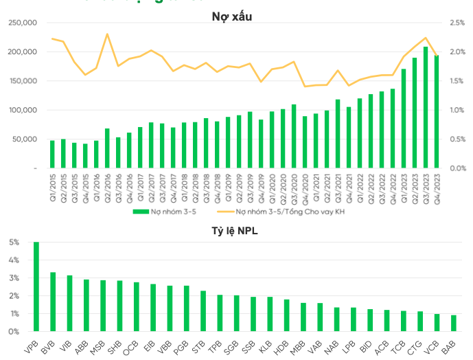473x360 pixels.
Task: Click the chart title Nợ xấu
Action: tap(231, 16)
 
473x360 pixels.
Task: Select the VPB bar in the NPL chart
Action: tap(36, 286)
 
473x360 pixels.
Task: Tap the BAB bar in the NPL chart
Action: tap(453, 323)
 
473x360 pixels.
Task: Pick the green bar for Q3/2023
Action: tap(426, 107)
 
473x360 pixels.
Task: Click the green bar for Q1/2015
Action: tap(52, 154)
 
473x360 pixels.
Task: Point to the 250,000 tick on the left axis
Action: tap(23, 23)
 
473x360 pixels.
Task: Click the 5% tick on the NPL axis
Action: tap(14, 243)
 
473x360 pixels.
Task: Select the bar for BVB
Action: tap(53, 302)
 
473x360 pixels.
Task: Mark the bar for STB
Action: tap(203, 311)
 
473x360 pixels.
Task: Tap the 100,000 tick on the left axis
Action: tap(23, 110)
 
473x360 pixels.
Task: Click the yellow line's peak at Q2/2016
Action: tap(107, 34)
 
